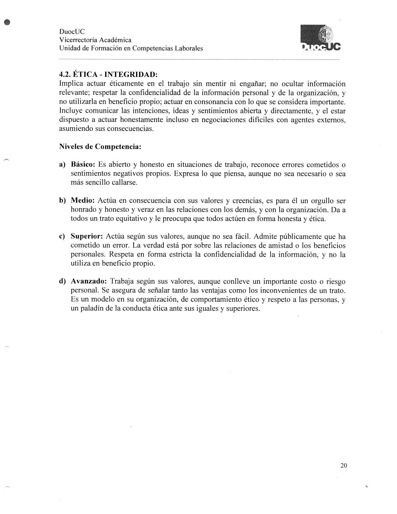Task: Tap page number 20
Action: click(344, 465)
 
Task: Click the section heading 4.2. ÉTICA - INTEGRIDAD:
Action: click(108, 75)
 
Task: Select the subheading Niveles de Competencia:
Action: click(100, 146)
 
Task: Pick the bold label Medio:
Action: click(83, 201)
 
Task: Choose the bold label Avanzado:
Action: click(89, 281)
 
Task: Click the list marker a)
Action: click(62, 164)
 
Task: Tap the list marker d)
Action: click(63, 281)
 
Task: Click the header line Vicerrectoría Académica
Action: click(95, 40)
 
